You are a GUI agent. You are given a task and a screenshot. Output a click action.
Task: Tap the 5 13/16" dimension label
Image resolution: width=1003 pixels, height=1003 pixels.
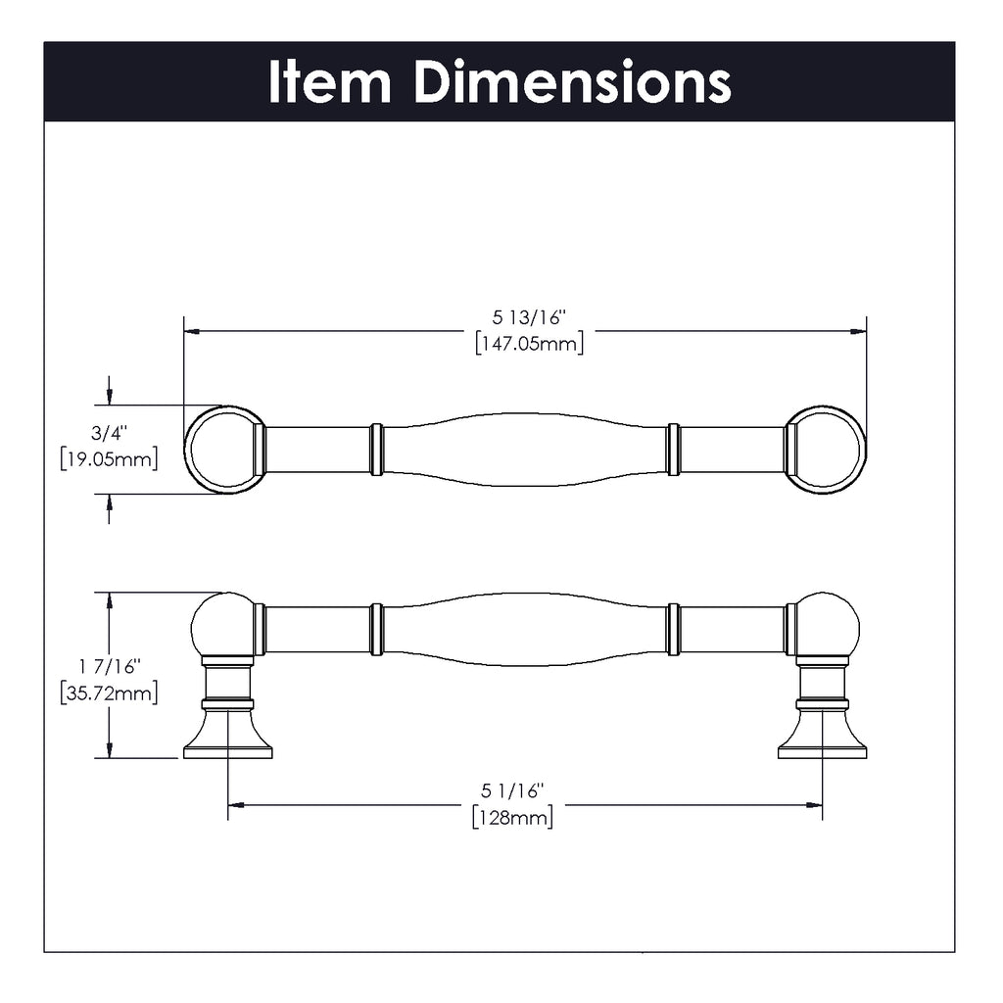530,317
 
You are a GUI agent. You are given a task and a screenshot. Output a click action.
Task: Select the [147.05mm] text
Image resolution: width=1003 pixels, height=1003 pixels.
529,344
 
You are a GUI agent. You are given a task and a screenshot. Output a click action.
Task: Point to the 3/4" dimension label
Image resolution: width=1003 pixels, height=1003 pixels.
110,431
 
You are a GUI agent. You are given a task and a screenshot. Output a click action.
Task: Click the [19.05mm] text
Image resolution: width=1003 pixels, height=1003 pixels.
109,458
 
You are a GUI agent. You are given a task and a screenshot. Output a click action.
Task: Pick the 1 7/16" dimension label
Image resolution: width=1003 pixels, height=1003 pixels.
110,666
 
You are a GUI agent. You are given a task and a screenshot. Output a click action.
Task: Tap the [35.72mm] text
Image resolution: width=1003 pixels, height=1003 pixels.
109,693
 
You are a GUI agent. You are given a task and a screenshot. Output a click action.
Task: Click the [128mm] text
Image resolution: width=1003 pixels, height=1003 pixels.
512,816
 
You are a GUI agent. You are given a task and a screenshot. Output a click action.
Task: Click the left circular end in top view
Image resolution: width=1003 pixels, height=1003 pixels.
224,450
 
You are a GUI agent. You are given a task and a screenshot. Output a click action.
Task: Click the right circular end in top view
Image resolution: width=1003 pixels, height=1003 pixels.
826,450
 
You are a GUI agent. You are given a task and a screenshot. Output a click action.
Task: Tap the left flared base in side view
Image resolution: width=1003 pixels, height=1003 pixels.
227,737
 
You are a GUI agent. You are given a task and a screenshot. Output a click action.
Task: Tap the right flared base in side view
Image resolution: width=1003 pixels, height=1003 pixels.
822,737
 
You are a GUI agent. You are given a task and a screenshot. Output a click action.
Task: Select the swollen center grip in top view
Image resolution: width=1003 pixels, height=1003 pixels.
525,450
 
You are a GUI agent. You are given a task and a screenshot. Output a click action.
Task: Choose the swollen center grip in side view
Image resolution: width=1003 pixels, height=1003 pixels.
525,629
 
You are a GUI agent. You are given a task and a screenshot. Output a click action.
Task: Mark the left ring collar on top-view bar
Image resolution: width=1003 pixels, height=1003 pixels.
376,450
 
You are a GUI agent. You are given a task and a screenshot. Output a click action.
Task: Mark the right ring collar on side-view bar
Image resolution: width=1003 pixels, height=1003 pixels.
673,629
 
